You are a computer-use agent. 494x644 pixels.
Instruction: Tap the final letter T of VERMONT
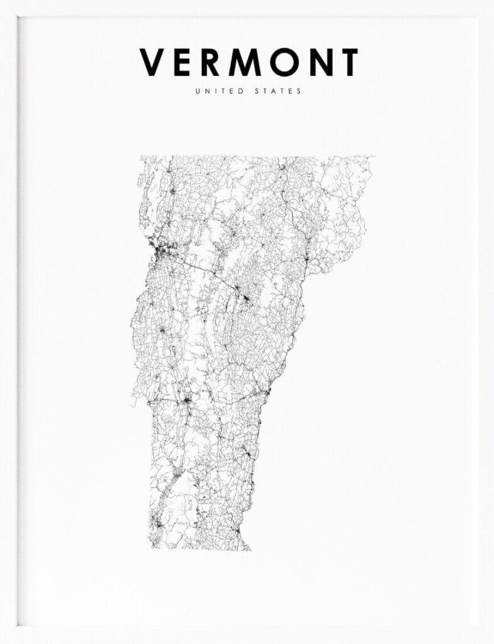[347, 62]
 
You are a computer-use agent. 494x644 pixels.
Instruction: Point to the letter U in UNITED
[198, 91]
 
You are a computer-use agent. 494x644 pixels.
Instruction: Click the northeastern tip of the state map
[373, 157]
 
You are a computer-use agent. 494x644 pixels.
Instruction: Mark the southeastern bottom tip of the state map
[249, 549]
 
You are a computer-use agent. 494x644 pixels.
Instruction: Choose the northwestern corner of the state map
[141, 157]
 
